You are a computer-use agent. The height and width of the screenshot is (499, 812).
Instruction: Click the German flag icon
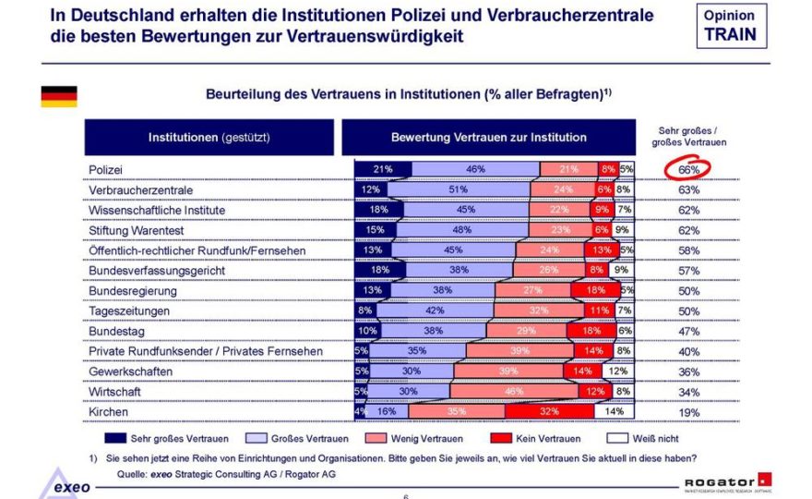tap(58, 96)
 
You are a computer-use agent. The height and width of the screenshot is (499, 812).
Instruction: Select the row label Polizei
tap(106, 170)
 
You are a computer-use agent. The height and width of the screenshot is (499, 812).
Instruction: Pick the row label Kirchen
tap(109, 411)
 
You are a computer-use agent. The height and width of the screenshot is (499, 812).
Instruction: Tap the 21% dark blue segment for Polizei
tap(383, 169)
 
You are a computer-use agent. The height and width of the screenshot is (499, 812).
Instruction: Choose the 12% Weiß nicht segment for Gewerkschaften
tap(617, 371)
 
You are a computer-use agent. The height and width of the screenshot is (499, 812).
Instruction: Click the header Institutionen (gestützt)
tap(209, 137)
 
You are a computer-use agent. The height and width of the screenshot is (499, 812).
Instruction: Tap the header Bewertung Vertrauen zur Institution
tap(488, 137)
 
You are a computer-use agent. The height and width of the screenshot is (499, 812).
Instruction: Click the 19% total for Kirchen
tap(688, 412)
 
